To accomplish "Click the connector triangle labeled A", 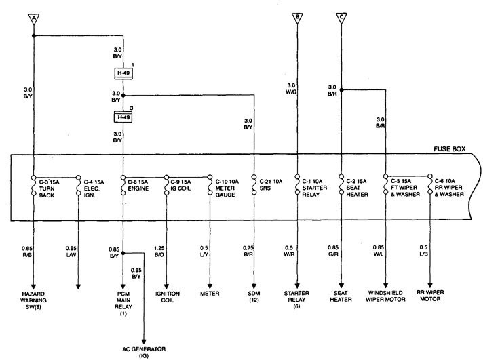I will pyautogui.click(x=33, y=18).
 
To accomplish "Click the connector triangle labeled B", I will pyautogui.click(x=296, y=18).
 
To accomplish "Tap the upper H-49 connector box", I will pyautogui.click(x=123, y=72).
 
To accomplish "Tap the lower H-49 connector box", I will pyautogui.click(x=123, y=117).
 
